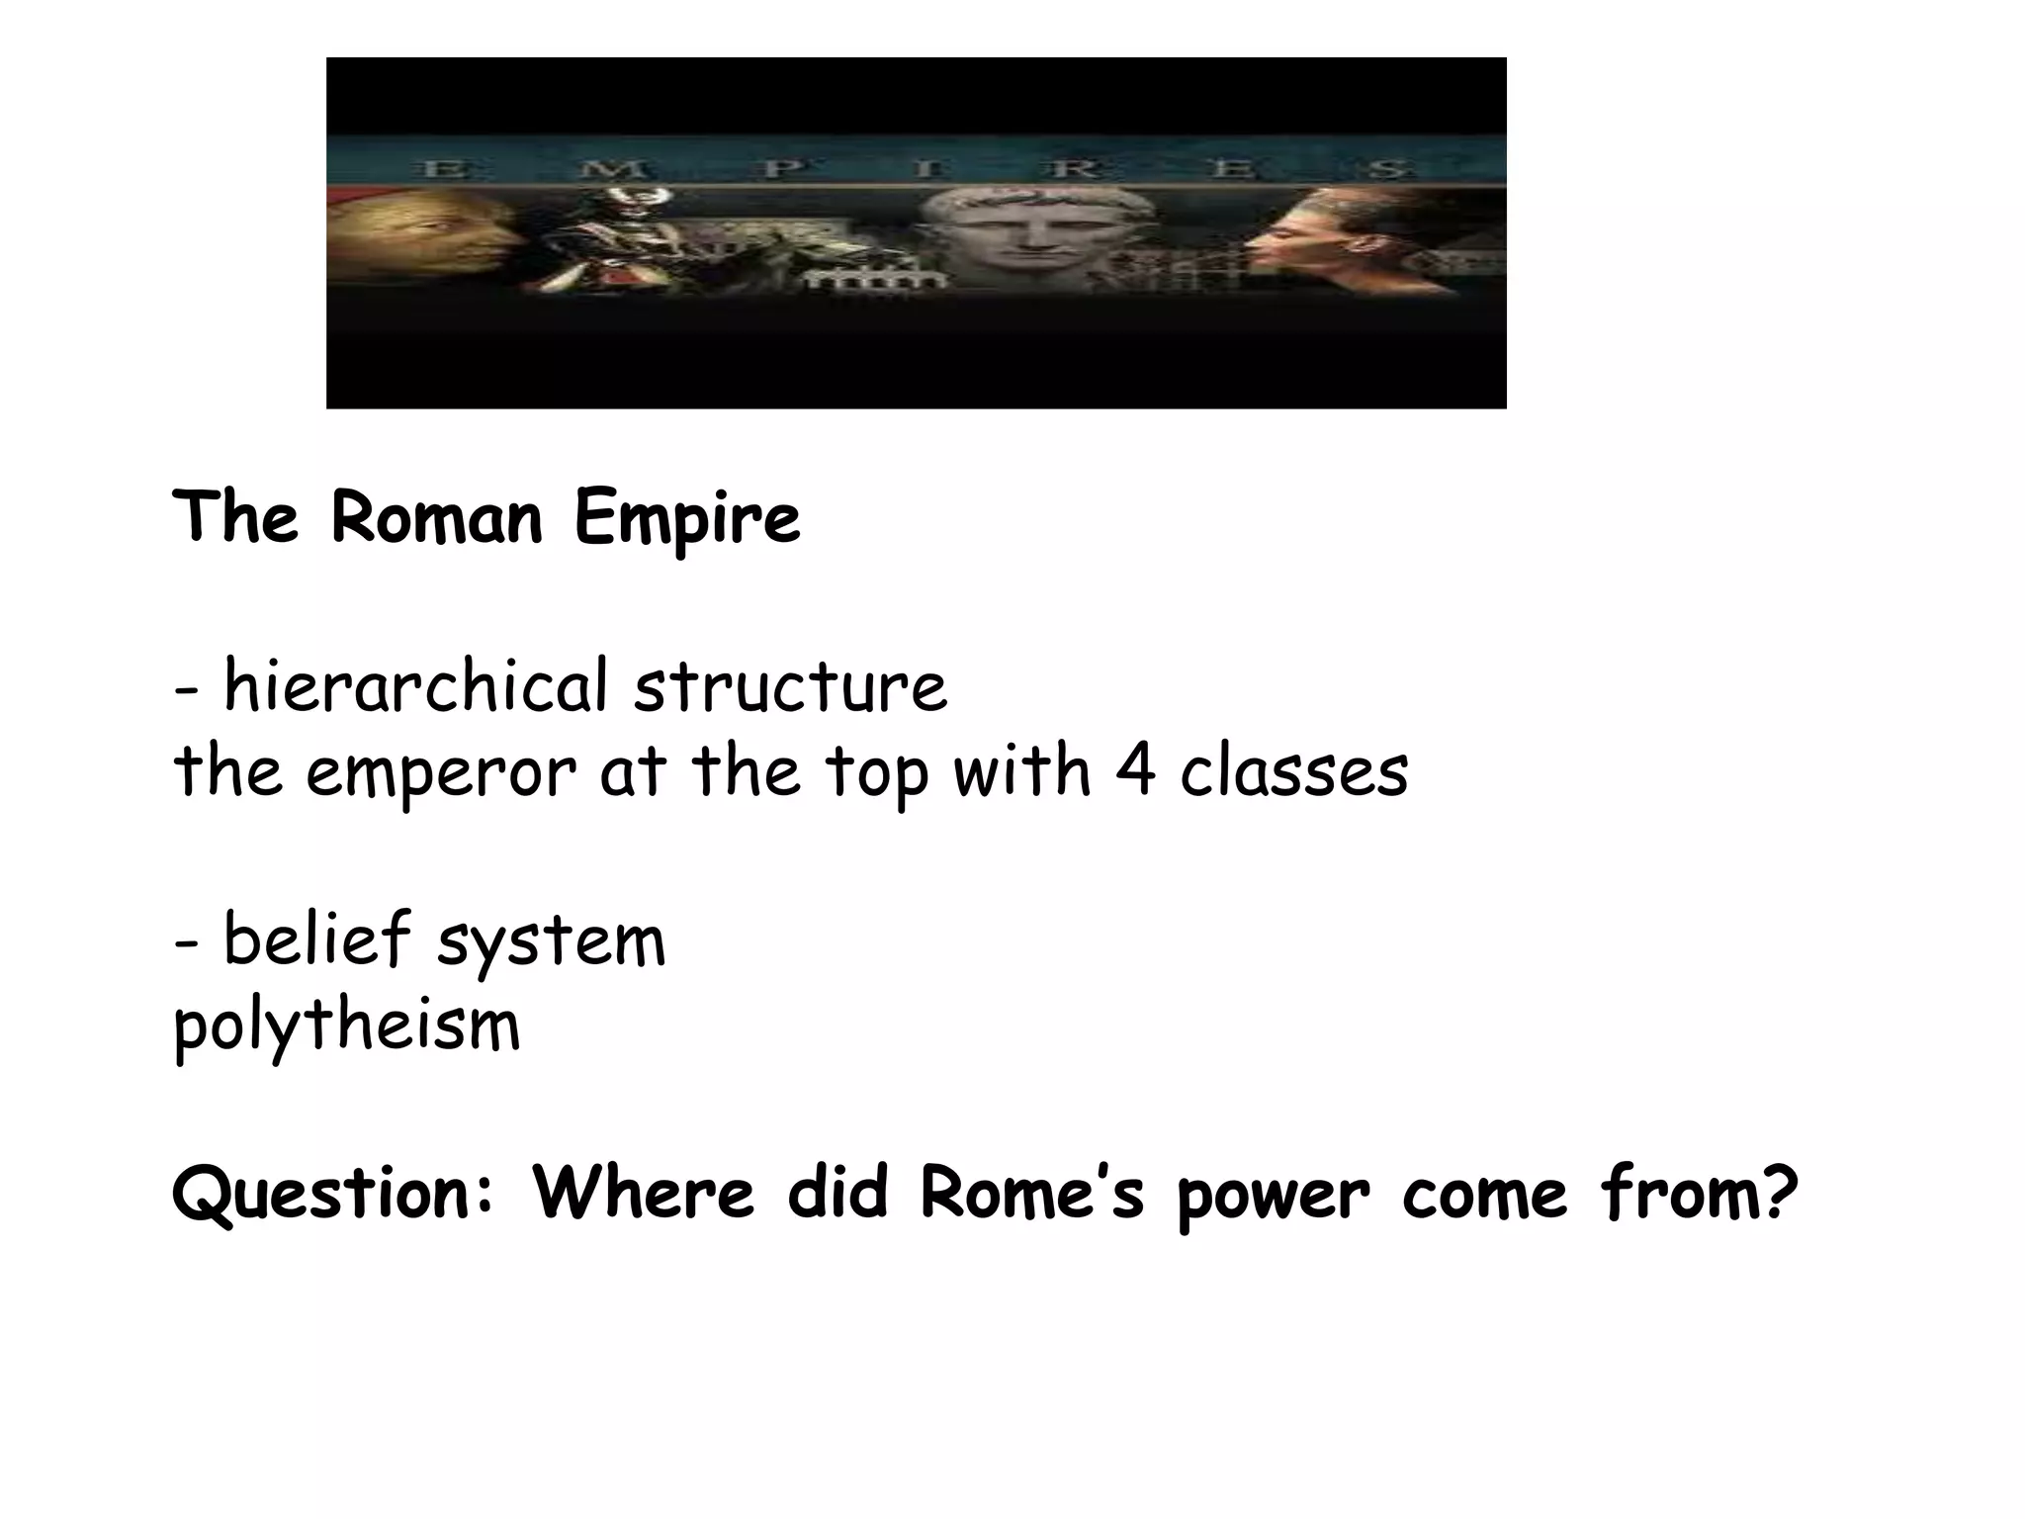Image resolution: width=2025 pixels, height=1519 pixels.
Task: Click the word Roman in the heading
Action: (436, 518)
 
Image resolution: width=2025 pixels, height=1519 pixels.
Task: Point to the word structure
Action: (790, 686)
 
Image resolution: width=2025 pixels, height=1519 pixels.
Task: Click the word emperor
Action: (440, 773)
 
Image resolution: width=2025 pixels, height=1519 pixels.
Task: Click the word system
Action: (552, 941)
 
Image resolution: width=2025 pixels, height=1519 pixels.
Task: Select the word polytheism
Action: (346, 1027)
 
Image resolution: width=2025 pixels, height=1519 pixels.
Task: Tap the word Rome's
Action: (1031, 1193)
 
